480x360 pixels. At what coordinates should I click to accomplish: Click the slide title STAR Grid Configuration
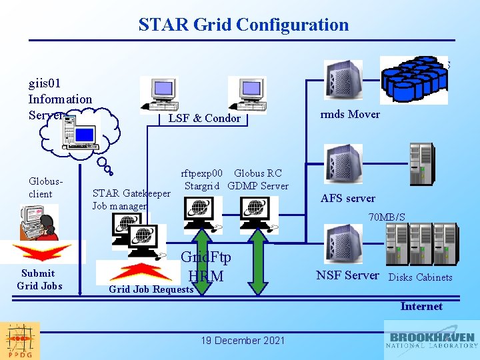coord(243,25)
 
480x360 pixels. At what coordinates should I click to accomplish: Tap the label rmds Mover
coord(349,114)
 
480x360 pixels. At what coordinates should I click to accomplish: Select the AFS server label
coord(347,198)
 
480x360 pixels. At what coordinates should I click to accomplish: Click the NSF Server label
coord(347,275)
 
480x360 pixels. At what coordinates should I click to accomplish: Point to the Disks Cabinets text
coord(420,277)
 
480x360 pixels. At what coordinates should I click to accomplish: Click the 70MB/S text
coord(387,217)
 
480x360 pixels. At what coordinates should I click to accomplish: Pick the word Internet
coord(421,307)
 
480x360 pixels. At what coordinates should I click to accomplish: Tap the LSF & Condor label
coord(204,118)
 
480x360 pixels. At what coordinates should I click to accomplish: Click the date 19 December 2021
coord(243,341)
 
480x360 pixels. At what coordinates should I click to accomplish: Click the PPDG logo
coord(20,341)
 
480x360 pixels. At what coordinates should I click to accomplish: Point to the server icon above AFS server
coord(343,164)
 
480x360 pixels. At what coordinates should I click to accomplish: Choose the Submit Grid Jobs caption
coord(38,279)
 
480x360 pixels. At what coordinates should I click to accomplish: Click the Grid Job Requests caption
coord(151,289)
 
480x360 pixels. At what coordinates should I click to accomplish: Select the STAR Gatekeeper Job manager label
coord(131,200)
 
